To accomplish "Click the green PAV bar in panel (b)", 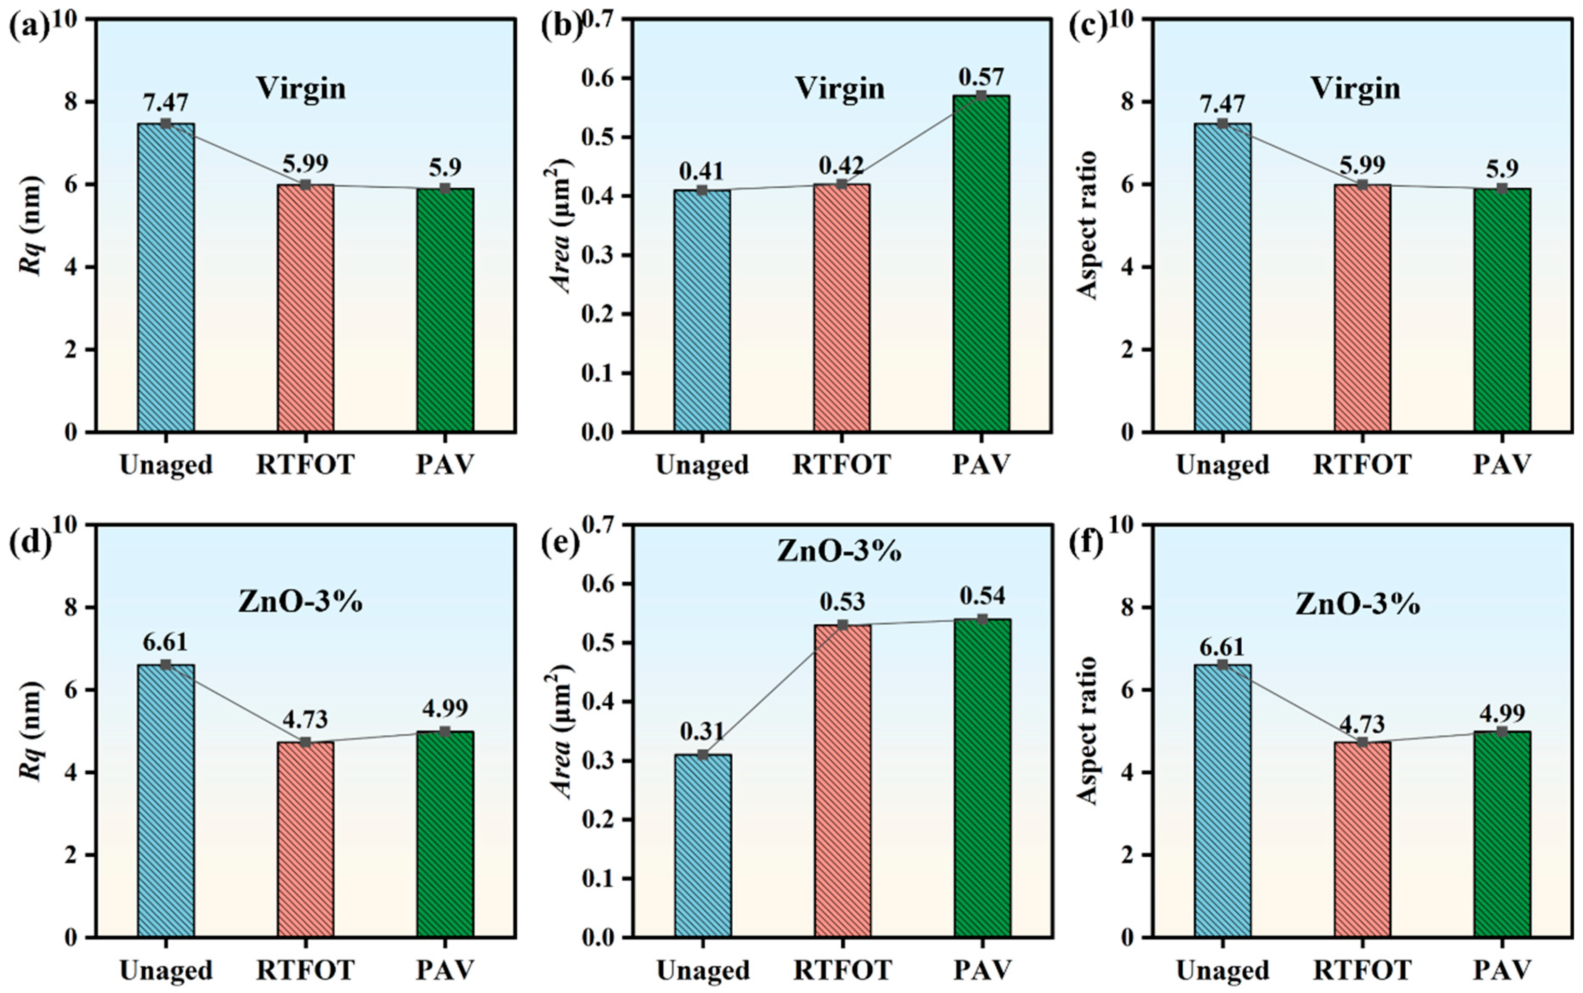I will [981, 263].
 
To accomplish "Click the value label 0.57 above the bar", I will [981, 77].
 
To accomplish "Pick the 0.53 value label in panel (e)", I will [842, 601].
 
